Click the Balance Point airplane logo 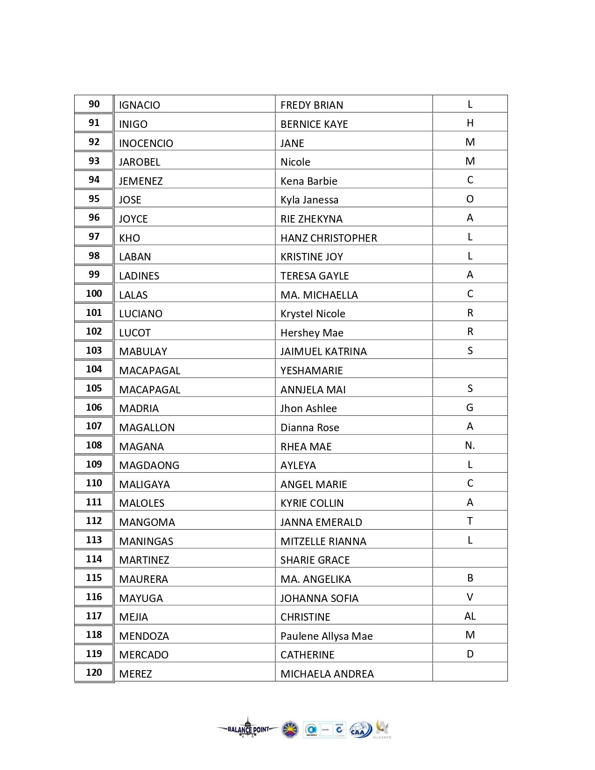248,729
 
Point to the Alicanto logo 382,729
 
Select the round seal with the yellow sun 290,730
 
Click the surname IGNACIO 140,105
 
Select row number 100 94,294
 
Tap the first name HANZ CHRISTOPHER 329,238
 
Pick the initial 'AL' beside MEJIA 470,616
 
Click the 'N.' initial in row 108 470,446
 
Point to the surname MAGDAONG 149,465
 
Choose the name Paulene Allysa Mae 327,636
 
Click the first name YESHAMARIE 312,371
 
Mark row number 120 94,672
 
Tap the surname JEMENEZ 141,181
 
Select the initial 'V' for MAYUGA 470,597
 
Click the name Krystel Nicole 313,314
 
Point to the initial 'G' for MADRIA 470,408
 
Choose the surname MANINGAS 146,541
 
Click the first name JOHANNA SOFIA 319,598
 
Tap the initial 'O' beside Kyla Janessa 470,199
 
